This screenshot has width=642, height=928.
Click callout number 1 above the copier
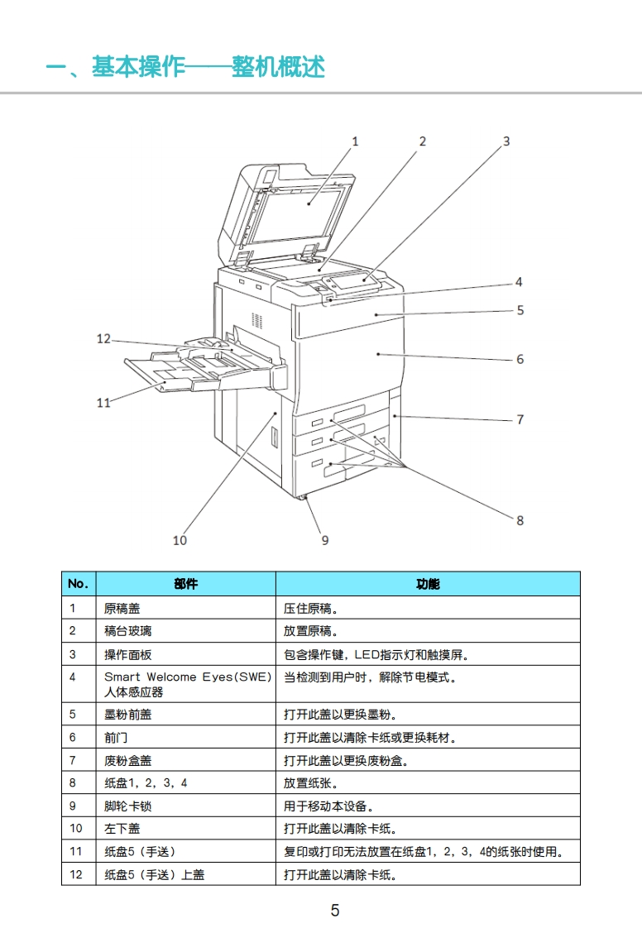point(356,141)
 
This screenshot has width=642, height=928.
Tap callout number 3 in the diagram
point(506,141)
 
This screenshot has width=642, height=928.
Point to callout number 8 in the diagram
point(520,520)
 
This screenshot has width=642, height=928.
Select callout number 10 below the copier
point(180,540)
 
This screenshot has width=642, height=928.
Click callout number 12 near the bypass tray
point(103,338)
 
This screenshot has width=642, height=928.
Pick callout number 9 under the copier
point(325,540)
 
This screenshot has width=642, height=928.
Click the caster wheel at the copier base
point(303,498)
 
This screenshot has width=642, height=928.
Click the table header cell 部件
point(186,584)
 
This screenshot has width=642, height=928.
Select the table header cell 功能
point(428,584)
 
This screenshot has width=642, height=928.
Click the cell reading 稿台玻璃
point(128,631)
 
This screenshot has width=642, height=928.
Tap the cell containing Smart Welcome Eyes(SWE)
point(188,677)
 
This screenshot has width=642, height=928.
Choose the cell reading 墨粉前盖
point(128,714)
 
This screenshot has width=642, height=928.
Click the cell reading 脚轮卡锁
point(128,805)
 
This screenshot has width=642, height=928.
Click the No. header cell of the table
point(78,584)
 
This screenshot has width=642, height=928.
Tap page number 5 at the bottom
point(335,911)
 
